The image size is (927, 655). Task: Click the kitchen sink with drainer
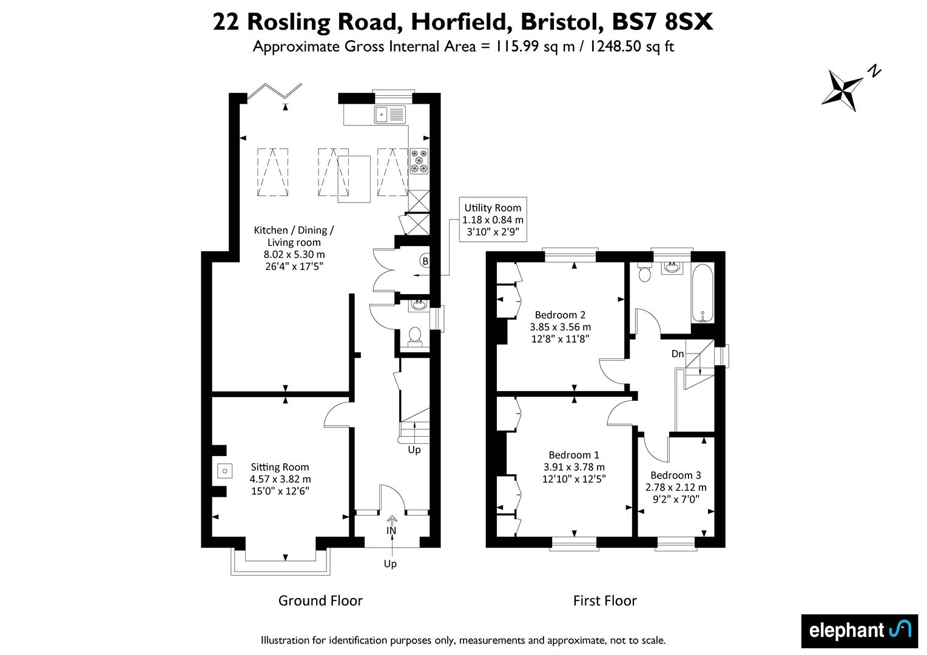click(390, 115)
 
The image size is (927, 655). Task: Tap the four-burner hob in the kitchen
click(419, 161)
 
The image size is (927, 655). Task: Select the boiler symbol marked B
click(425, 261)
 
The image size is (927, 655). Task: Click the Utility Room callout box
click(493, 220)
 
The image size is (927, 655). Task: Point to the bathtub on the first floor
click(703, 293)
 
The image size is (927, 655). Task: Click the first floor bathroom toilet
click(645, 272)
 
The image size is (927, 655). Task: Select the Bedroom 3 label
click(676, 475)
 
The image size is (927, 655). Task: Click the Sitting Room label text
click(280, 467)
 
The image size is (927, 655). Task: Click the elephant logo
click(860, 631)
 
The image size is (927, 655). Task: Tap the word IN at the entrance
click(391, 531)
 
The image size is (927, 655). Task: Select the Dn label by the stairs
click(678, 354)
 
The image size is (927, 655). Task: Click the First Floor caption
click(605, 600)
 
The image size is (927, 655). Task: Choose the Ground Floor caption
click(320, 600)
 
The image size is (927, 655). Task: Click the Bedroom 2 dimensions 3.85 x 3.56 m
click(561, 327)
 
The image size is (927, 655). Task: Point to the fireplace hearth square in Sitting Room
click(224, 471)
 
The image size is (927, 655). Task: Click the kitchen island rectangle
click(354, 179)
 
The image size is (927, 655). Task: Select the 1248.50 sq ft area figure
click(632, 46)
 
